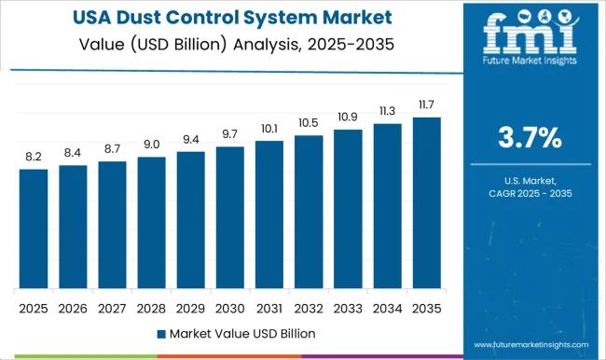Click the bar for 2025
click(x=33, y=228)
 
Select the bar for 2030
click(x=229, y=217)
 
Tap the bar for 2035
click(x=426, y=202)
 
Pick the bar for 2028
click(x=151, y=222)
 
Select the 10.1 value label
click(x=269, y=129)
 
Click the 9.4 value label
click(x=190, y=140)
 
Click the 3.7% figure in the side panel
click(x=531, y=139)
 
